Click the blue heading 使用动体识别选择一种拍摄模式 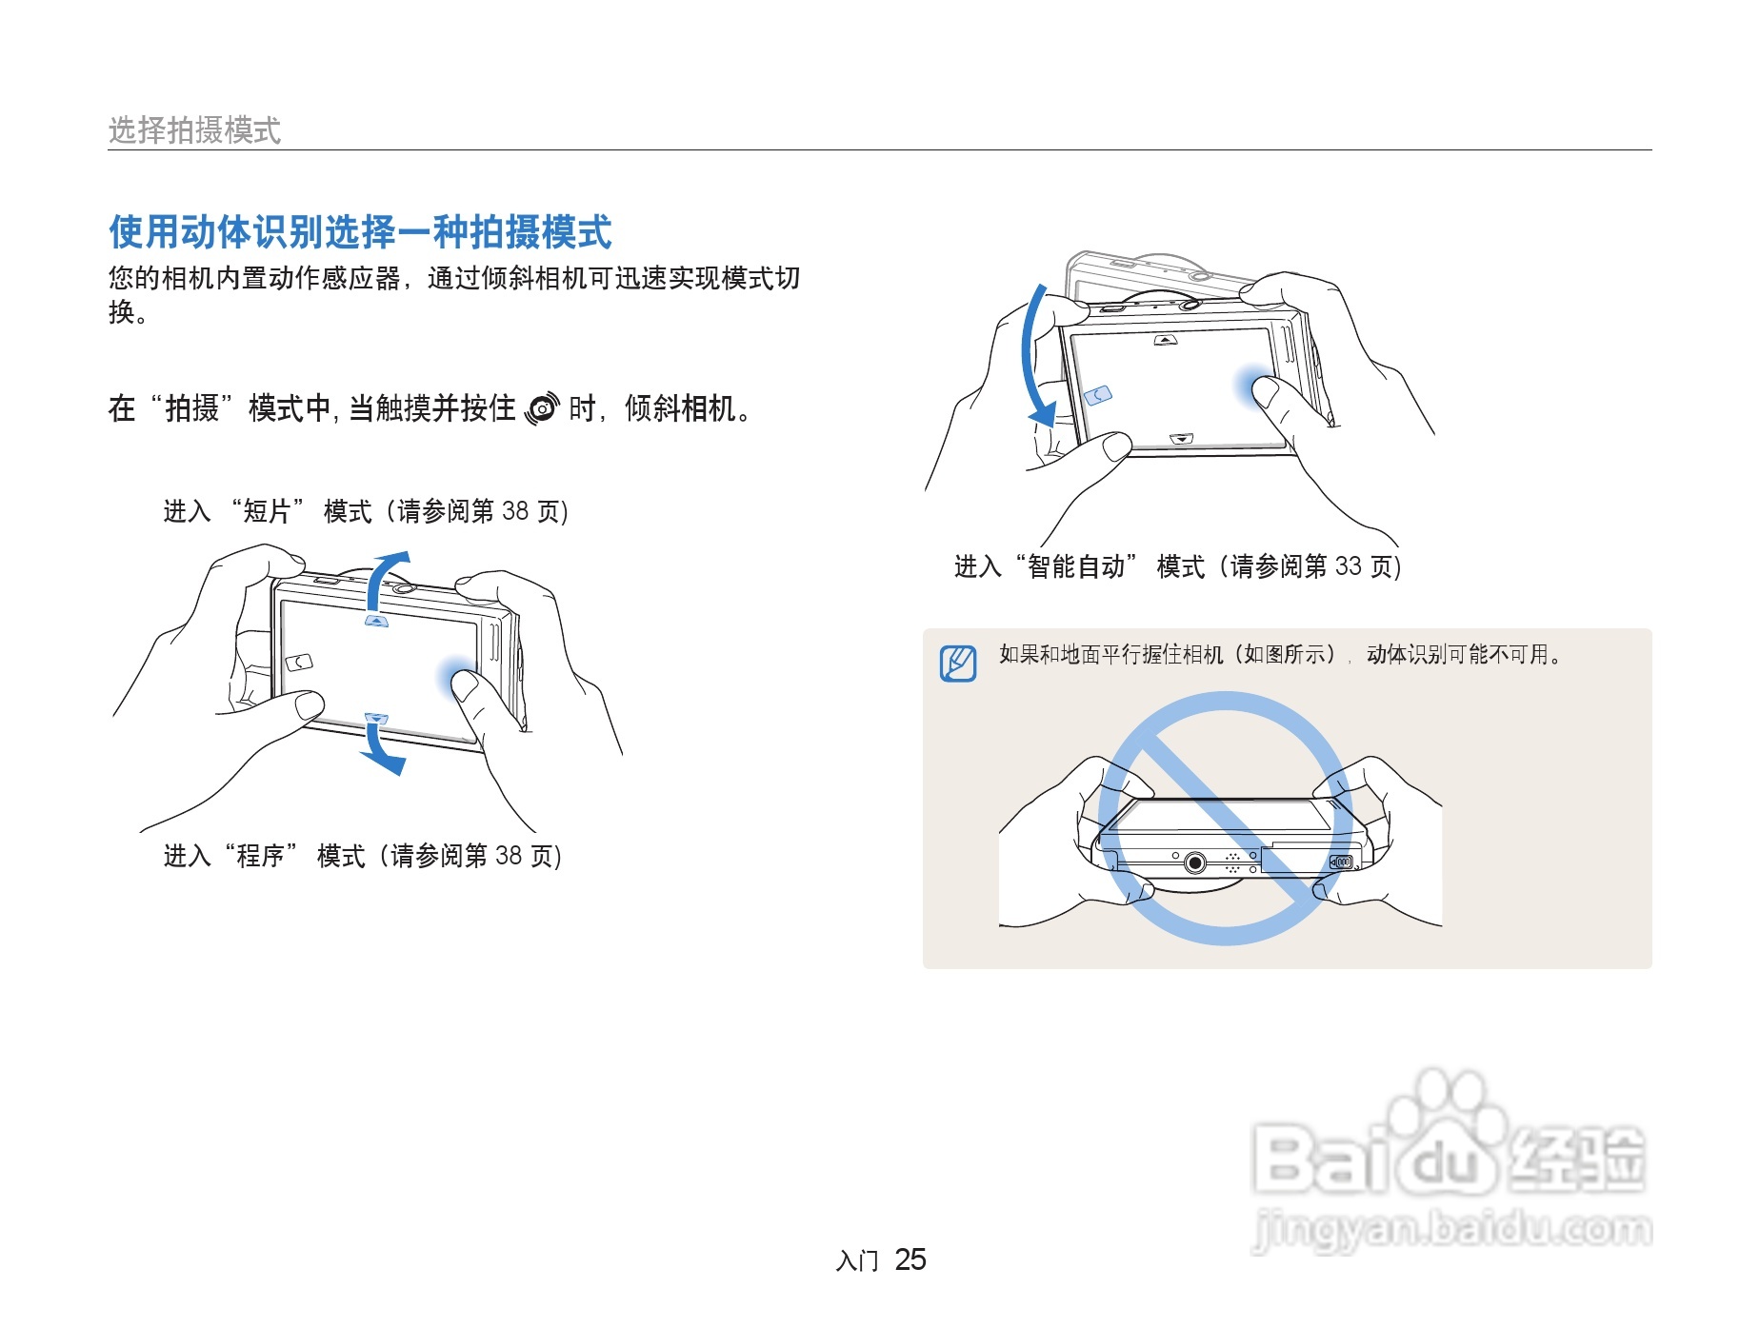pyautogui.click(x=360, y=232)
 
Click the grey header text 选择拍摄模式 pyautogui.click(x=194, y=130)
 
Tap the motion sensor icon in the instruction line pyautogui.click(x=542, y=408)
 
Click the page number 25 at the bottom pyautogui.click(x=910, y=1259)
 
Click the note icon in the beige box pyautogui.click(x=958, y=664)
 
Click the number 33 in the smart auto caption pyautogui.click(x=1348, y=566)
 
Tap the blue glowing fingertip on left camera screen pyautogui.click(x=457, y=677)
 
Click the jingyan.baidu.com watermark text pyautogui.click(x=1451, y=1229)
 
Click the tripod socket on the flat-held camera pyautogui.click(x=1195, y=863)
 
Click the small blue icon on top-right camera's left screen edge pyautogui.click(x=1099, y=394)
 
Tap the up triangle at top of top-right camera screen pyautogui.click(x=1166, y=340)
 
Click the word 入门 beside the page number pyautogui.click(x=856, y=1261)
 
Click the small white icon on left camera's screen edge pyautogui.click(x=299, y=662)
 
